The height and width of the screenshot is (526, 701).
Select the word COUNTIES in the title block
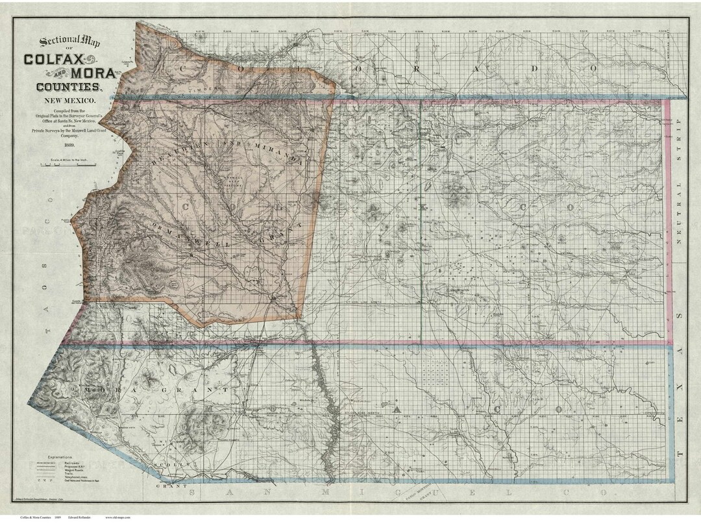click(68, 86)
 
